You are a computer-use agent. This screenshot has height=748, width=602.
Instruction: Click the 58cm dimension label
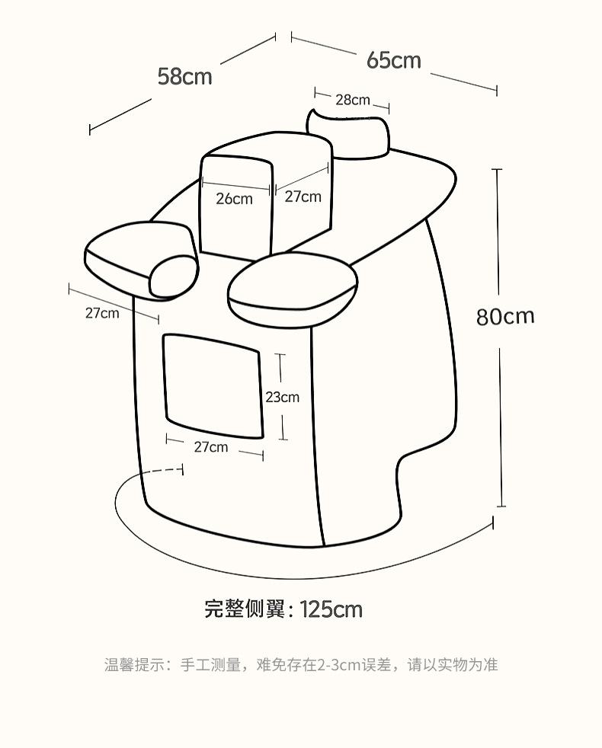pos(184,76)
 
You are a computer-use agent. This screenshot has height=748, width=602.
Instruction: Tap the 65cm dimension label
pos(393,60)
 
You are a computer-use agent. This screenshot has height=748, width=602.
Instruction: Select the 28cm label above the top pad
pos(352,100)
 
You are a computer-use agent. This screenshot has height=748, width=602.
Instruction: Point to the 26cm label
pos(234,199)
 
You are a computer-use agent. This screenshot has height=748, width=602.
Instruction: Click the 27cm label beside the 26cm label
pos(303,197)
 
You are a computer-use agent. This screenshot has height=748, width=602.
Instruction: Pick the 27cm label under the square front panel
pos(210,447)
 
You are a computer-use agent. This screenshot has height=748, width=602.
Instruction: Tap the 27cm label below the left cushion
pos(101,312)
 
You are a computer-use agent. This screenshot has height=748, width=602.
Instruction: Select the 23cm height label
pos(282,397)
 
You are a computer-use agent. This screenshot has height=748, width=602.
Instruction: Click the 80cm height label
pos(505,316)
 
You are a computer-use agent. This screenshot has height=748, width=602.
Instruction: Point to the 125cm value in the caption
pos(331,609)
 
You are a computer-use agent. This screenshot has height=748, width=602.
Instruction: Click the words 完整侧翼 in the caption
pos(244,609)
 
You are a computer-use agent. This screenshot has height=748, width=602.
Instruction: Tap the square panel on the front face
pos(213,386)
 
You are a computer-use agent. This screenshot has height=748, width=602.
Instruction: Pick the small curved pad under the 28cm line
pos(351,134)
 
